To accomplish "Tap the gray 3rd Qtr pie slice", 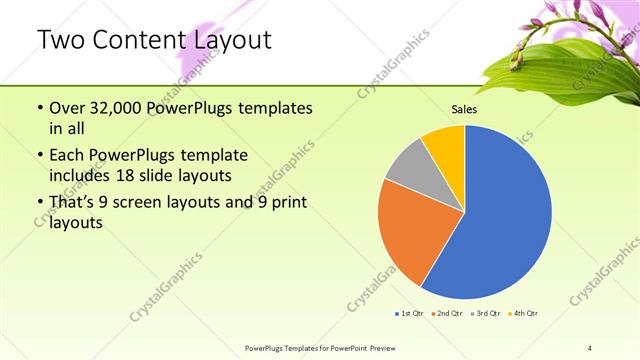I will (409, 165).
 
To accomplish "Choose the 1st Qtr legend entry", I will (409, 314).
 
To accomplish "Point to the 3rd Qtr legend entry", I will (485, 314).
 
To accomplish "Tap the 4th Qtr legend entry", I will (523, 314).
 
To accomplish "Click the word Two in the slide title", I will (61, 41).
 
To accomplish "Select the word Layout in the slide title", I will (228, 41).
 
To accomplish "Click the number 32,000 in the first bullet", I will (118, 108).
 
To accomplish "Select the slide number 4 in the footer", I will (590, 347).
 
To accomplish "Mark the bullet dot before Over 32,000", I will (38, 108).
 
